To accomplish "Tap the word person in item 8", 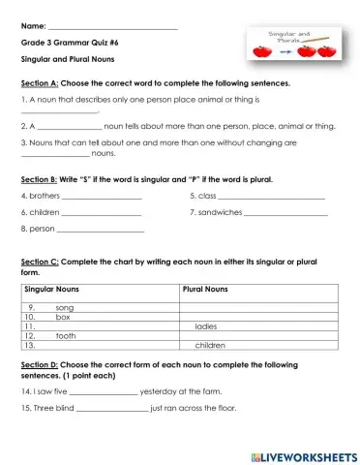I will pos(42,229).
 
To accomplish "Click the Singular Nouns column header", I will pos(52,289).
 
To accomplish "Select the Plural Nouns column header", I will pos(205,289).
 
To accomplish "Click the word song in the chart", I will pos(65,307).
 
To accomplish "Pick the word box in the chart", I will pos(63,317).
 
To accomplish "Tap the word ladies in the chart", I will pos(206,326).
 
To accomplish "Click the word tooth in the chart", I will pos(66,335).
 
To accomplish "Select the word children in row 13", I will pos(210,345).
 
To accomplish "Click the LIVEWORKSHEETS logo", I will pos(304,454).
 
